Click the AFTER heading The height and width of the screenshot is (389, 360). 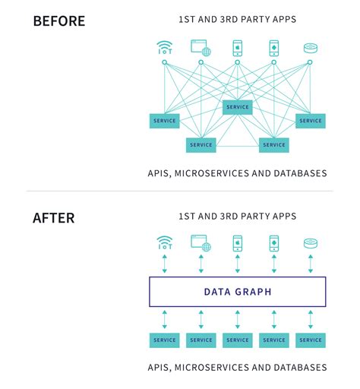53,218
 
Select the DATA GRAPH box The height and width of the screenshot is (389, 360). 237,292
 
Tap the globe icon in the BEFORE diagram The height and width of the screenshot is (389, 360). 201,48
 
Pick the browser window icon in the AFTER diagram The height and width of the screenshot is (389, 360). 201,243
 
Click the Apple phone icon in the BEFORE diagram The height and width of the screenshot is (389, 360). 237,48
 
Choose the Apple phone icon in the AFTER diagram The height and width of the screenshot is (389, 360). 237,243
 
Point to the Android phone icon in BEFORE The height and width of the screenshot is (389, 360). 273,48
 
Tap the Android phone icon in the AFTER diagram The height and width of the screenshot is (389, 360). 273,243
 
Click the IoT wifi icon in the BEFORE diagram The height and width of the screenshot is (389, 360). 164,48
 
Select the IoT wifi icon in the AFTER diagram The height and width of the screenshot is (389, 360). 164,243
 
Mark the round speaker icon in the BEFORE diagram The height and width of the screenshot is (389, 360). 310,48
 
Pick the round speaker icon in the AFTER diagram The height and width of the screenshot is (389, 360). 310,243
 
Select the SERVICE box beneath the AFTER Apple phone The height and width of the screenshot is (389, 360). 237,340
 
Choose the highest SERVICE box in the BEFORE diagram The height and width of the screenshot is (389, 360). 237,107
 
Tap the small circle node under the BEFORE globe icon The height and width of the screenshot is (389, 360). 201,62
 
